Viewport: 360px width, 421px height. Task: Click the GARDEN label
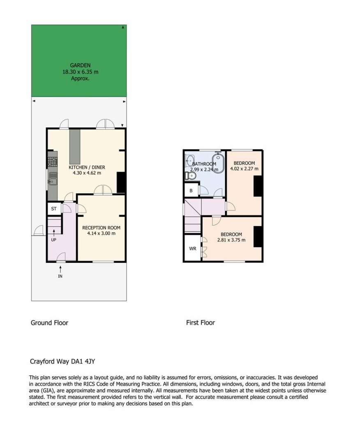[80, 65]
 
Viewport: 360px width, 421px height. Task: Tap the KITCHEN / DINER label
[87, 167]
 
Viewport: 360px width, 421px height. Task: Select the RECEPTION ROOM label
[101, 228]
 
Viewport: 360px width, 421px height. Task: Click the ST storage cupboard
[54, 208]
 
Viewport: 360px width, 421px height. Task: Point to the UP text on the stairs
[54, 240]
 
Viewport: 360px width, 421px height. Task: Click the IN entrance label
[60, 276]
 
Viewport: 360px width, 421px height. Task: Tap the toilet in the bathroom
[190, 176]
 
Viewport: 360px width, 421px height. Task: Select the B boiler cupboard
[191, 190]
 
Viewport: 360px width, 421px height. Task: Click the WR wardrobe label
[193, 249]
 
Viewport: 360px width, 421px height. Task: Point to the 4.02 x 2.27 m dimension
[244, 169]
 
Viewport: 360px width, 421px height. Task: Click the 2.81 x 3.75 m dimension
[231, 240]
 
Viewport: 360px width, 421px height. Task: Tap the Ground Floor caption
[49, 323]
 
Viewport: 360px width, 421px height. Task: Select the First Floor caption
[201, 322]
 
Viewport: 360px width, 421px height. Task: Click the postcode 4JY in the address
[90, 361]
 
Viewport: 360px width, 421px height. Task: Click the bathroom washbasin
[190, 161]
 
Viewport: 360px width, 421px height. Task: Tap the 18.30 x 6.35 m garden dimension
[80, 72]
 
